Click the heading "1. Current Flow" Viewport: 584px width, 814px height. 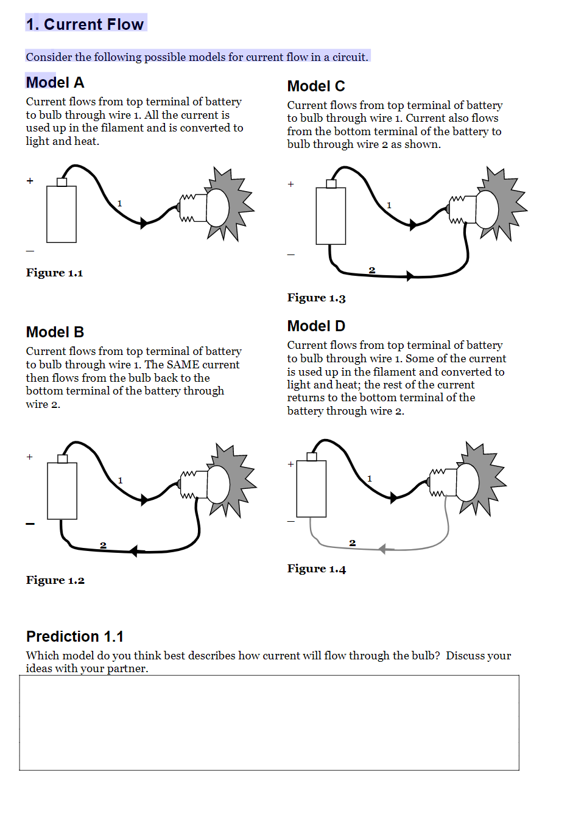[x=85, y=24]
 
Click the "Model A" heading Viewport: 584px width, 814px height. [x=55, y=83]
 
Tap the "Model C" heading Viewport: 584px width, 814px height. [x=316, y=86]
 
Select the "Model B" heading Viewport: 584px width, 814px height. [x=55, y=332]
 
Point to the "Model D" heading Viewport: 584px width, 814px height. [x=316, y=326]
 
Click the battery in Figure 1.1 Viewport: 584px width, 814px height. [x=62, y=214]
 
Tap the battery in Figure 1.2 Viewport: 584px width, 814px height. [x=62, y=490]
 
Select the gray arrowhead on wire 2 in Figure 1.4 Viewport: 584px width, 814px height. [x=382, y=549]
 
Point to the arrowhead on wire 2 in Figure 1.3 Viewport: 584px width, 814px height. [x=410, y=276]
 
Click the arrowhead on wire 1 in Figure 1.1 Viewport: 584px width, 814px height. [x=144, y=223]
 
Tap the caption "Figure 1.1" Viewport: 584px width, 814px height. [x=54, y=273]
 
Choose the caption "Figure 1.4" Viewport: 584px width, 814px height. [x=316, y=569]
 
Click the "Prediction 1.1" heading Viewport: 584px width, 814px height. [x=75, y=637]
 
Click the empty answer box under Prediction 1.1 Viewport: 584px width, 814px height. [x=269, y=723]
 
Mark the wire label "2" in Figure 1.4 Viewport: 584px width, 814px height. [x=352, y=542]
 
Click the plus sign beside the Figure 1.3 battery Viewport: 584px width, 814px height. [x=291, y=184]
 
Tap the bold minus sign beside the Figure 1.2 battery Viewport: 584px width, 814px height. [x=30, y=524]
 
